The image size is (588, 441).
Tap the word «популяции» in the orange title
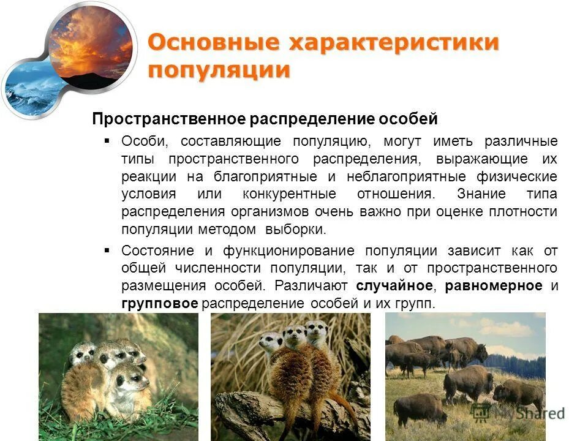tap(219, 69)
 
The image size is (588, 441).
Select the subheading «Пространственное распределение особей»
tap(265, 118)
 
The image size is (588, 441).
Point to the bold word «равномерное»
tap(494, 286)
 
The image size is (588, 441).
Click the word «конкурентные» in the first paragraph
tap(281, 194)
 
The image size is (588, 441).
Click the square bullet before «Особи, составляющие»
tap(107, 141)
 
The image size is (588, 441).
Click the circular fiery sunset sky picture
tap(90, 45)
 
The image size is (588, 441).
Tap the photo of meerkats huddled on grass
tap(118, 376)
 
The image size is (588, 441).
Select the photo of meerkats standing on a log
tap(290, 376)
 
